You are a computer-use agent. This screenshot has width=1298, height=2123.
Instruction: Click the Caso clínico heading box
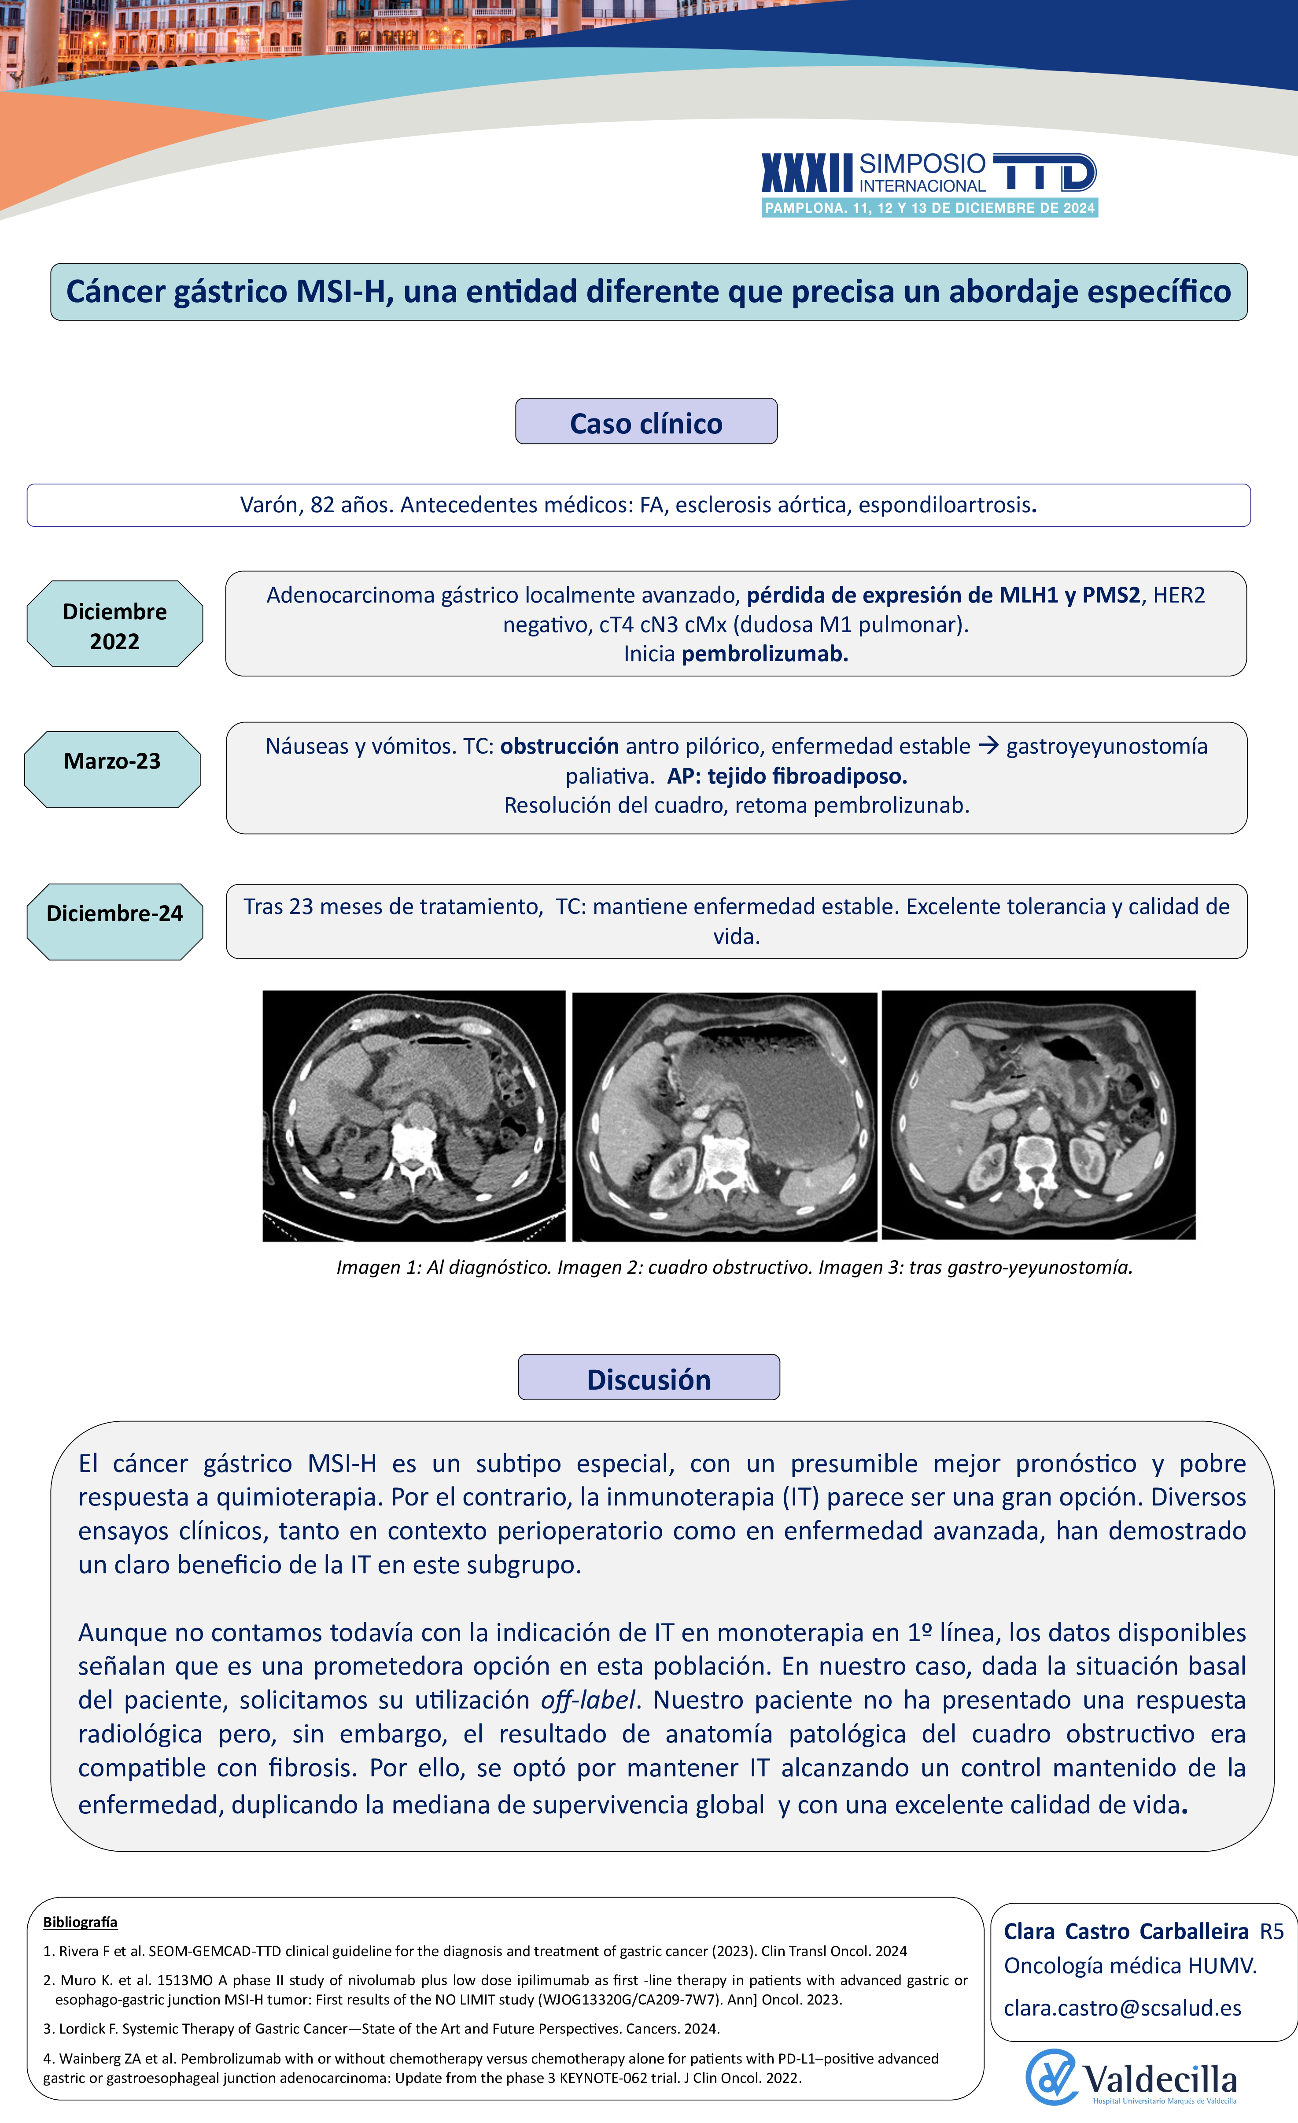646,422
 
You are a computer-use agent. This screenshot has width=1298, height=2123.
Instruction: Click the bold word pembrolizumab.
764,654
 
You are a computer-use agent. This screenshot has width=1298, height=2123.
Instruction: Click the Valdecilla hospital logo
1131,2077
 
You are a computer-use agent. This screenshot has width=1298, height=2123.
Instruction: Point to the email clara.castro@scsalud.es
1122,2008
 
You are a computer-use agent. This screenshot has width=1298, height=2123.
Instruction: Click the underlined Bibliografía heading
80,1922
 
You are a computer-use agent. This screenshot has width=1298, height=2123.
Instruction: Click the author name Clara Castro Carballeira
1126,1932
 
